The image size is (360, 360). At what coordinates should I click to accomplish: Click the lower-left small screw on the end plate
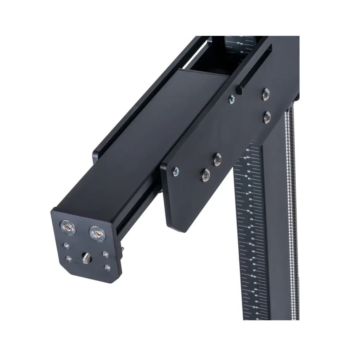tap(69, 259)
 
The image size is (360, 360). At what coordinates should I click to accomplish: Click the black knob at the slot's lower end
tap(240, 90)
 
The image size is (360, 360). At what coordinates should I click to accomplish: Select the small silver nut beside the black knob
tap(231, 99)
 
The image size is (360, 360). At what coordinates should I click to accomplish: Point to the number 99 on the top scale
tap(241, 44)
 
